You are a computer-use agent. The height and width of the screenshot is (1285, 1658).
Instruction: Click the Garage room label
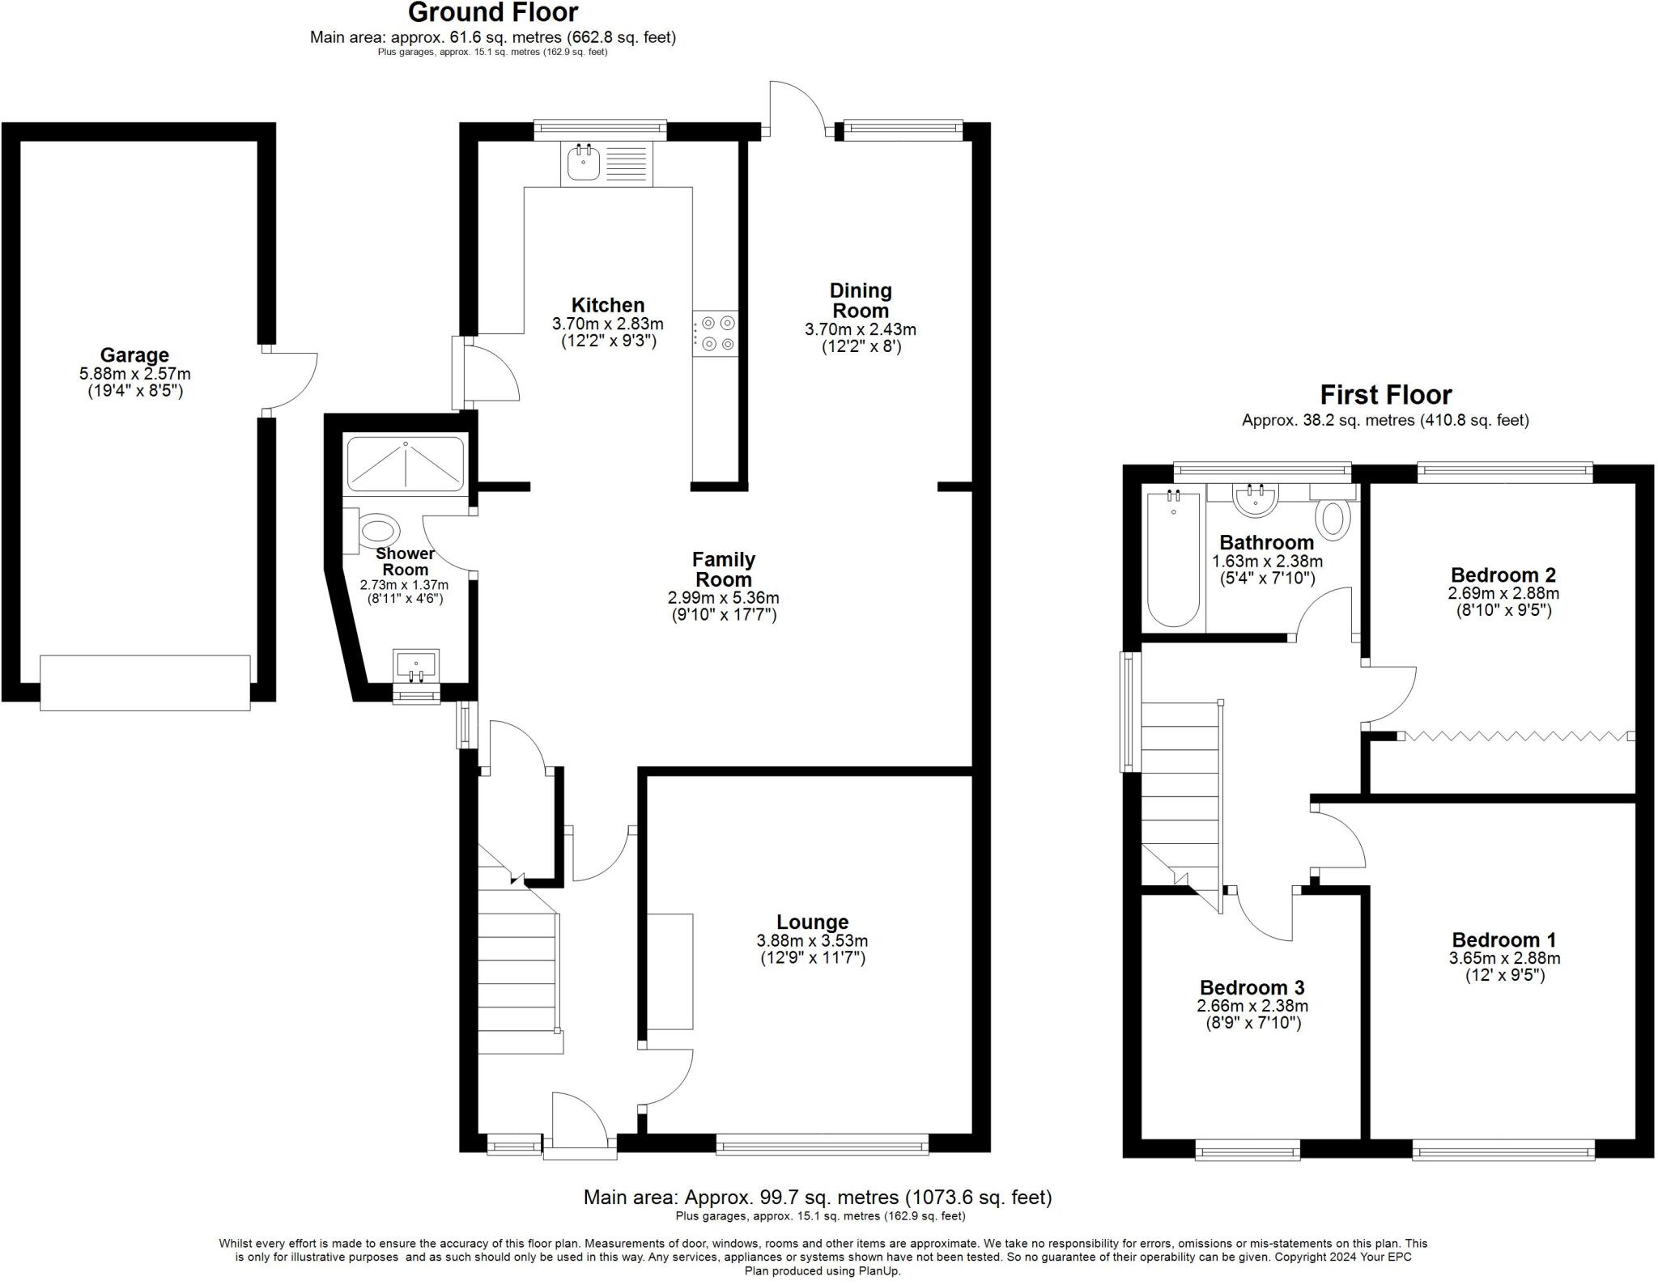point(134,355)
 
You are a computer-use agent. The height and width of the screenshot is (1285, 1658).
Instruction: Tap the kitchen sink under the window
point(583,163)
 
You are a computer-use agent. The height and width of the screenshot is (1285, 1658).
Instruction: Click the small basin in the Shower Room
point(417,664)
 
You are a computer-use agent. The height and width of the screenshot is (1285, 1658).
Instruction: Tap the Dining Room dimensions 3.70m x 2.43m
point(861,329)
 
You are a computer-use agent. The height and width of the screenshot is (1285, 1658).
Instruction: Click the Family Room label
point(724,570)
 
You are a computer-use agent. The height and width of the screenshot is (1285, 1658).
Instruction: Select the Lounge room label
point(812,922)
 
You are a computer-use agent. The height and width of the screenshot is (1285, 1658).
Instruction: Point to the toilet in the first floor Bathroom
point(1333,518)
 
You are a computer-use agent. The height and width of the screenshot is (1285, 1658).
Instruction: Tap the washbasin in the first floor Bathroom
point(1256,498)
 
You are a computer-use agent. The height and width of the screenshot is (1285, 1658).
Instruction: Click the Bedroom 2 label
point(1503,575)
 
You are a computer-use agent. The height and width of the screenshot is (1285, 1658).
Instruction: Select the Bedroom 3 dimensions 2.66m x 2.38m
point(1252,1006)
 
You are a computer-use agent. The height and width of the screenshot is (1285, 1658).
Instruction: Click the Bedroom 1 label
point(1503,939)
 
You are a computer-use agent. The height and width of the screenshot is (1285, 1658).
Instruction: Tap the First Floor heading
point(1385,395)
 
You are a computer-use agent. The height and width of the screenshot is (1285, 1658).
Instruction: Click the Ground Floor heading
point(492,13)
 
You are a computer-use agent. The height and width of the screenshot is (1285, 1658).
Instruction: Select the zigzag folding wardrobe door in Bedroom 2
point(1514,736)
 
